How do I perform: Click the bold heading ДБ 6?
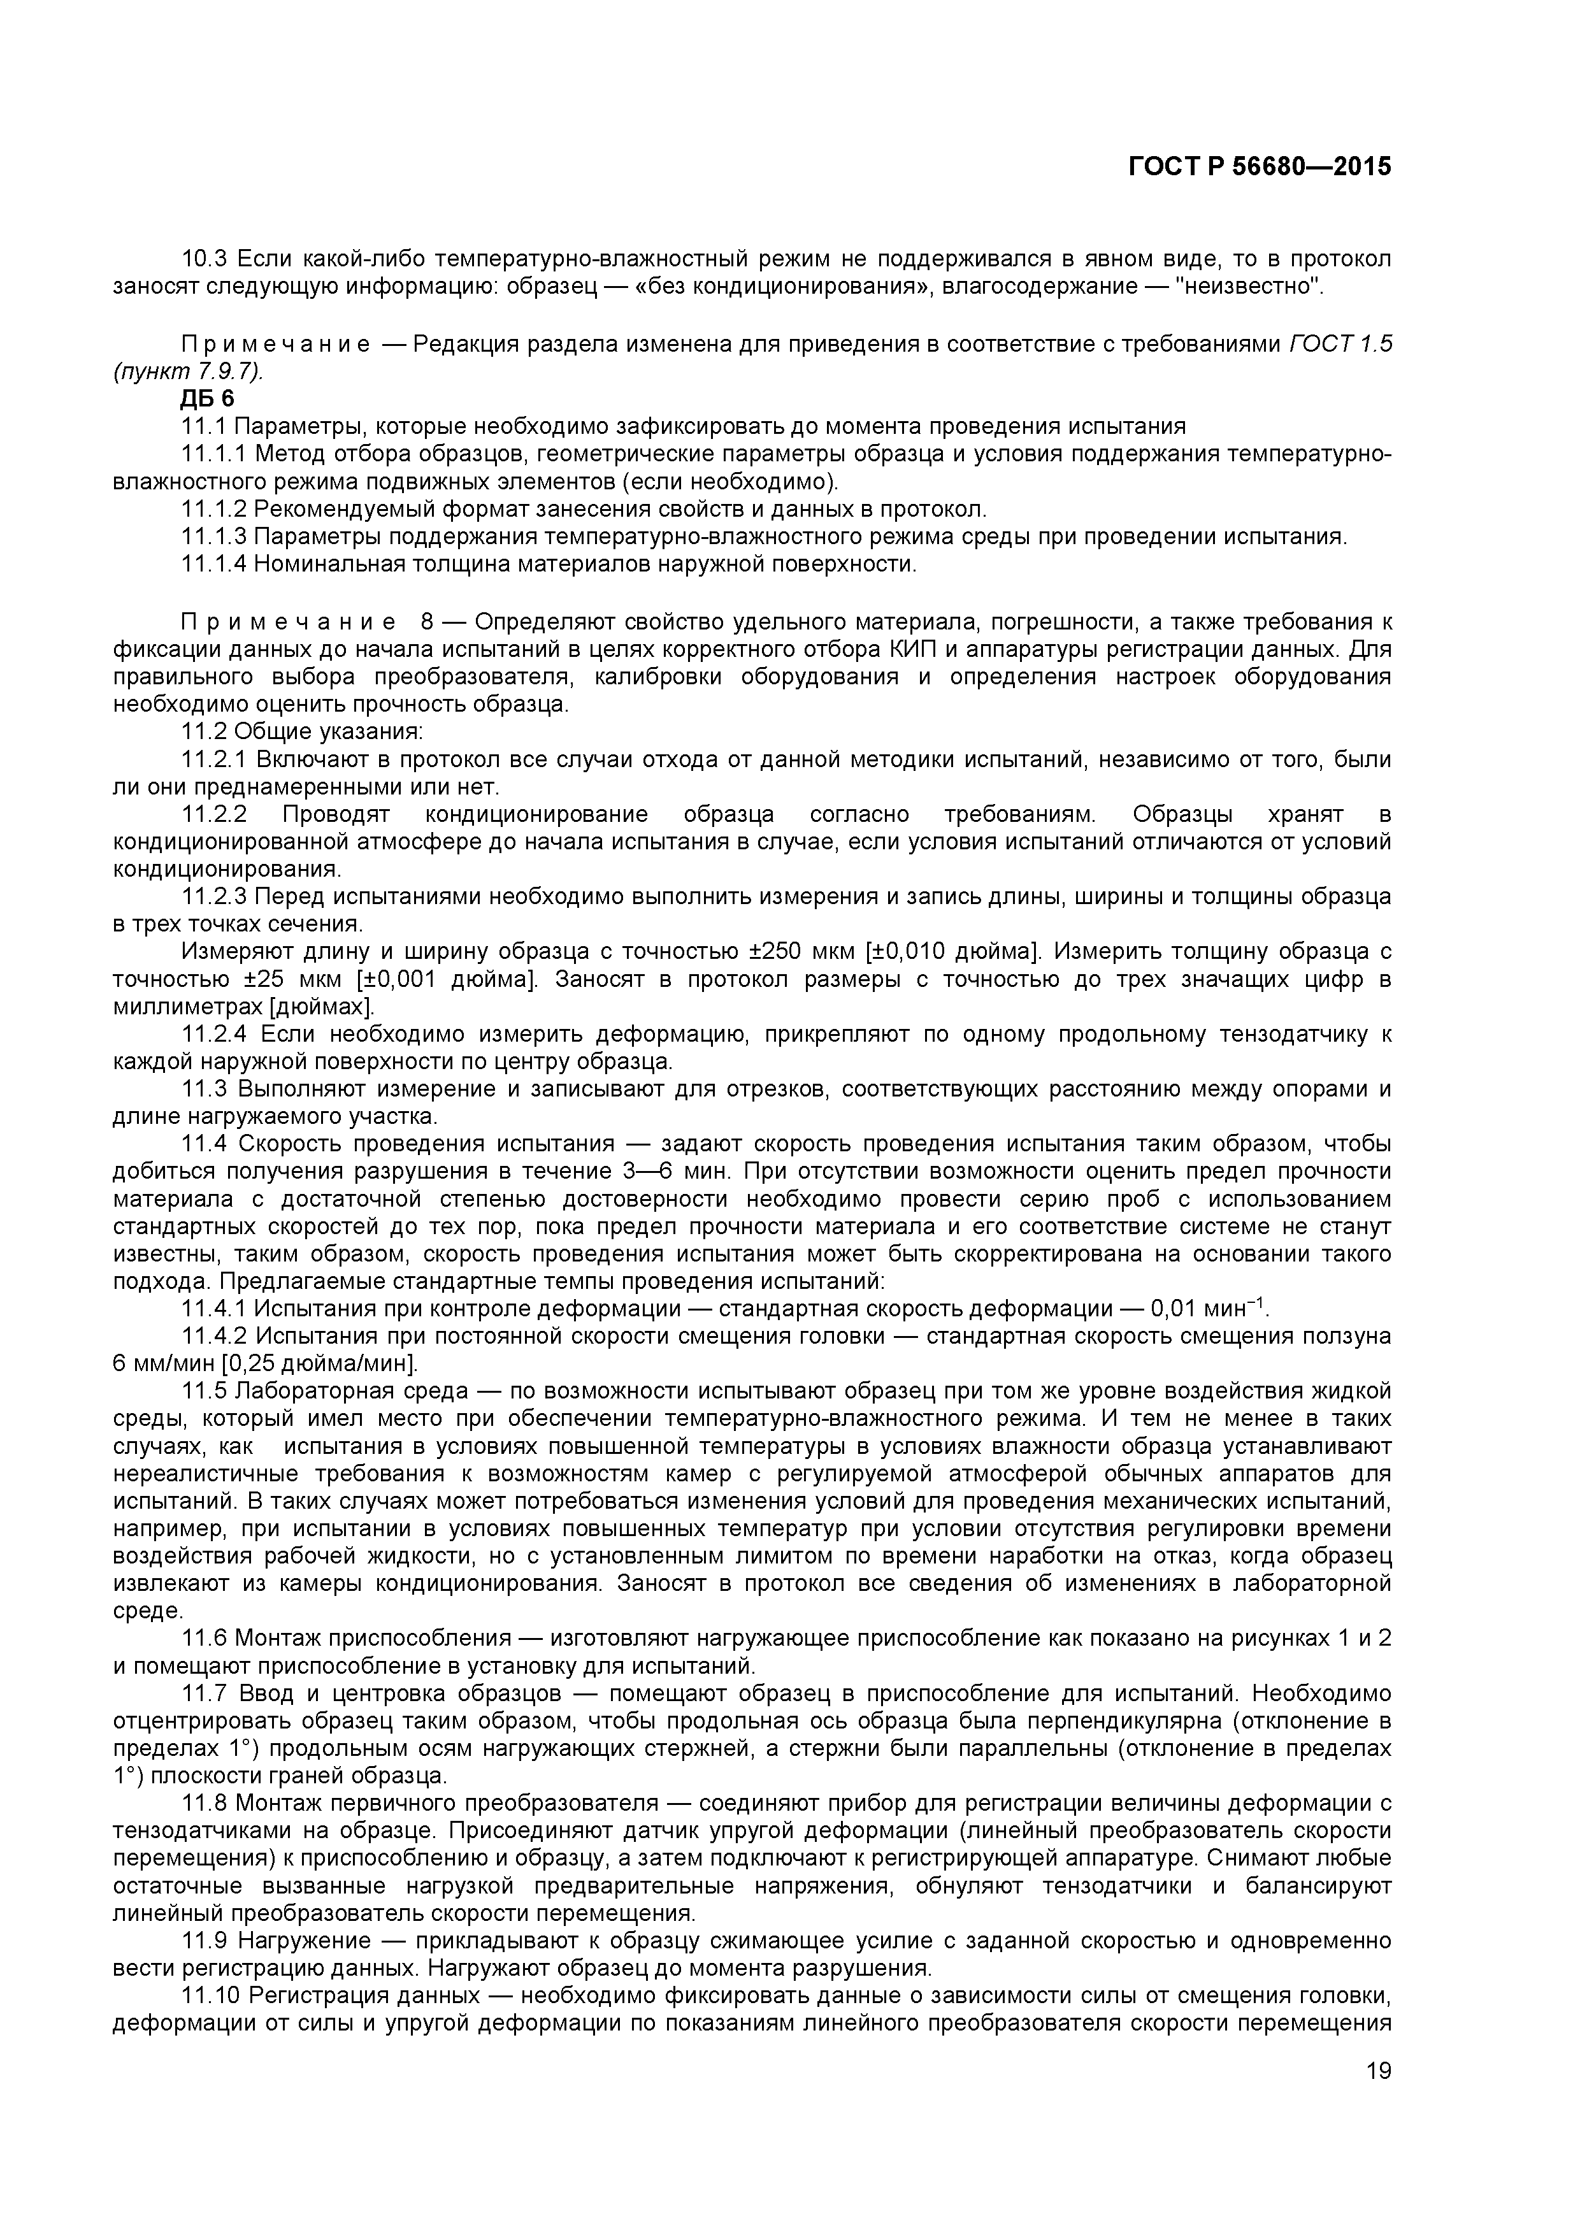click(x=207, y=398)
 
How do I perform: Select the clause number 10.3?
click(x=205, y=259)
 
